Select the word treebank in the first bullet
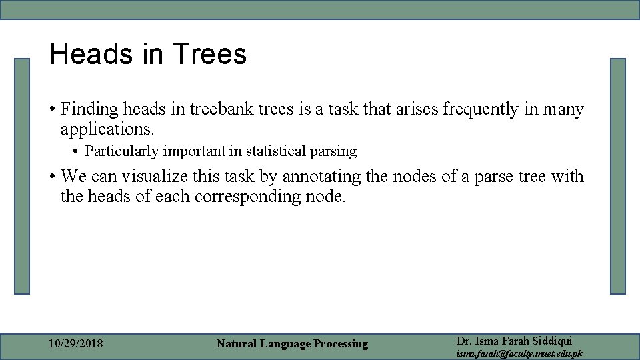[x=222, y=109]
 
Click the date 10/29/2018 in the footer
[x=76, y=344]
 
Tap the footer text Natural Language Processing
[x=292, y=344]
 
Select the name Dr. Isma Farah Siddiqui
[x=514, y=341]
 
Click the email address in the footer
[x=519, y=353]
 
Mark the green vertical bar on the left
[x=23, y=176]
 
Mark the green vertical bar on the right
[x=618, y=176]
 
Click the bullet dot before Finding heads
[x=52, y=109]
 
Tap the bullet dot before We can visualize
[x=52, y=177]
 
